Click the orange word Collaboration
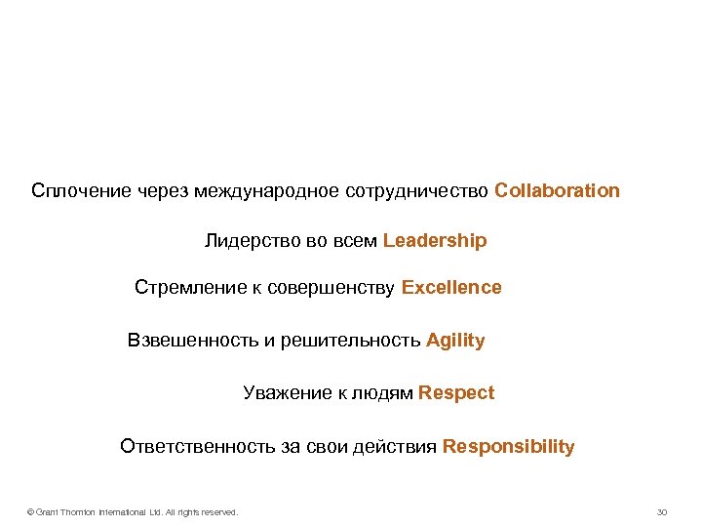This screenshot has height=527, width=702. point(557,190)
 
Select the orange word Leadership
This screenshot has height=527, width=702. point(435,240)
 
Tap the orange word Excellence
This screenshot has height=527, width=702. point(451,288)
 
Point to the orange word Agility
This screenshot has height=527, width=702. point(455,341)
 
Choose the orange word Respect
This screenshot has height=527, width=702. point(456,393)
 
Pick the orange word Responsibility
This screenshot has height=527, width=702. point(509,447)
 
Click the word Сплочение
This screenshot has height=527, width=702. point(80,190)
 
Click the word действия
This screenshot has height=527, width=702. point(399,447)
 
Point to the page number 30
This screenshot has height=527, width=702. point(662,512)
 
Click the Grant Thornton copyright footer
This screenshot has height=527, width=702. point(133,512)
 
